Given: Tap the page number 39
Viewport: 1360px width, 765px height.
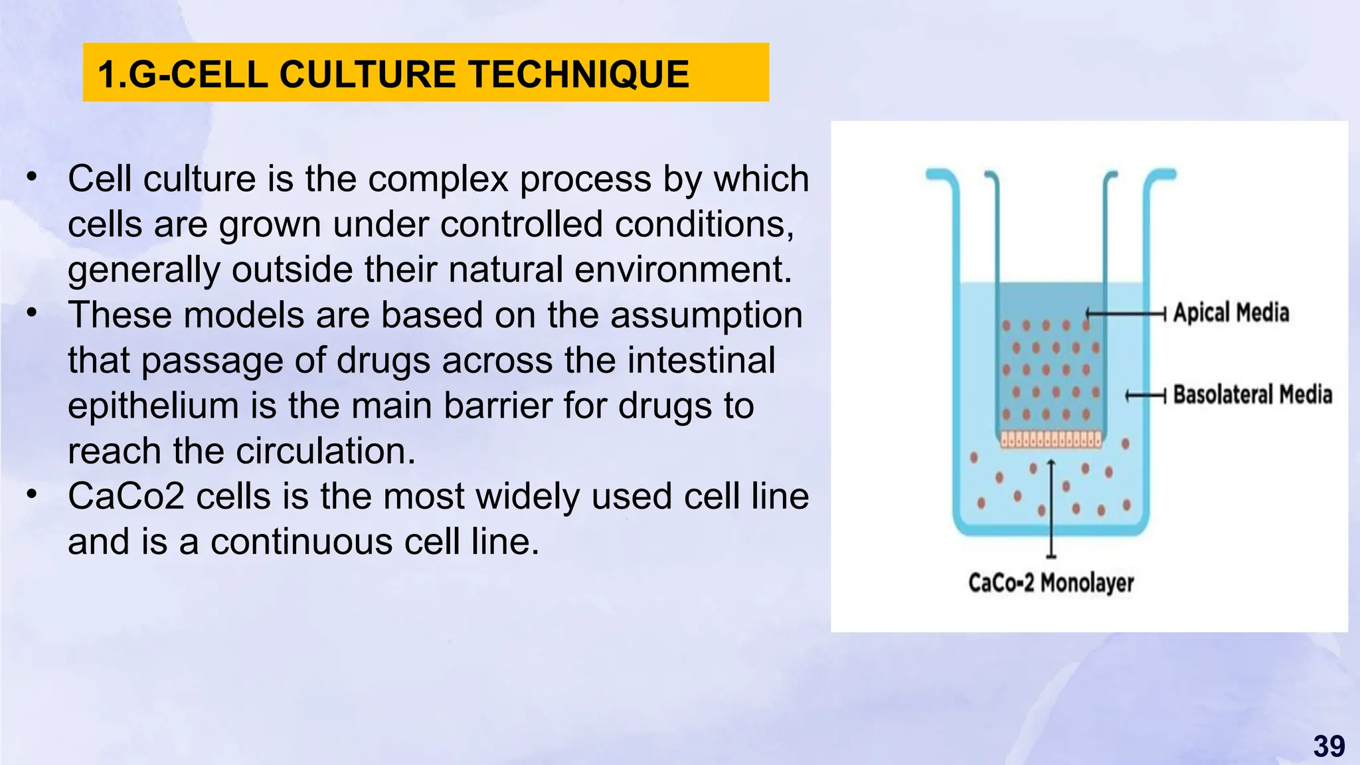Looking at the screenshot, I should click(x=1329, y=746).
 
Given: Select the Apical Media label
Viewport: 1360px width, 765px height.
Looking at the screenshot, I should click(x=1231, y=313).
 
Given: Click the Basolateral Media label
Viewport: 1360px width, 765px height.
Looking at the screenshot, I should click(x=1252, y=394).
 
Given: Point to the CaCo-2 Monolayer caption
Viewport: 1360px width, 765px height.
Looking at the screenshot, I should click(x=1051, y=583).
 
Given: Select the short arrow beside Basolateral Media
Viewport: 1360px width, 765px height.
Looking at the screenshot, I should click(x=1145, y=396).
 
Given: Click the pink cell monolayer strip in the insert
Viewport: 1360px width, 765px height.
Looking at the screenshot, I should click(x=1051, y=439).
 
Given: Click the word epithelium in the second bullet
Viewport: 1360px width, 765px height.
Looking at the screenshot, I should click(x=153, y=406).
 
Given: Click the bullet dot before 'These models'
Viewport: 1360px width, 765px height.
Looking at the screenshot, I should click(x=32, y=313).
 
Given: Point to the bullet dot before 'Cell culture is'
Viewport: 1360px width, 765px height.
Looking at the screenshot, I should click(x=32, y=177).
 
